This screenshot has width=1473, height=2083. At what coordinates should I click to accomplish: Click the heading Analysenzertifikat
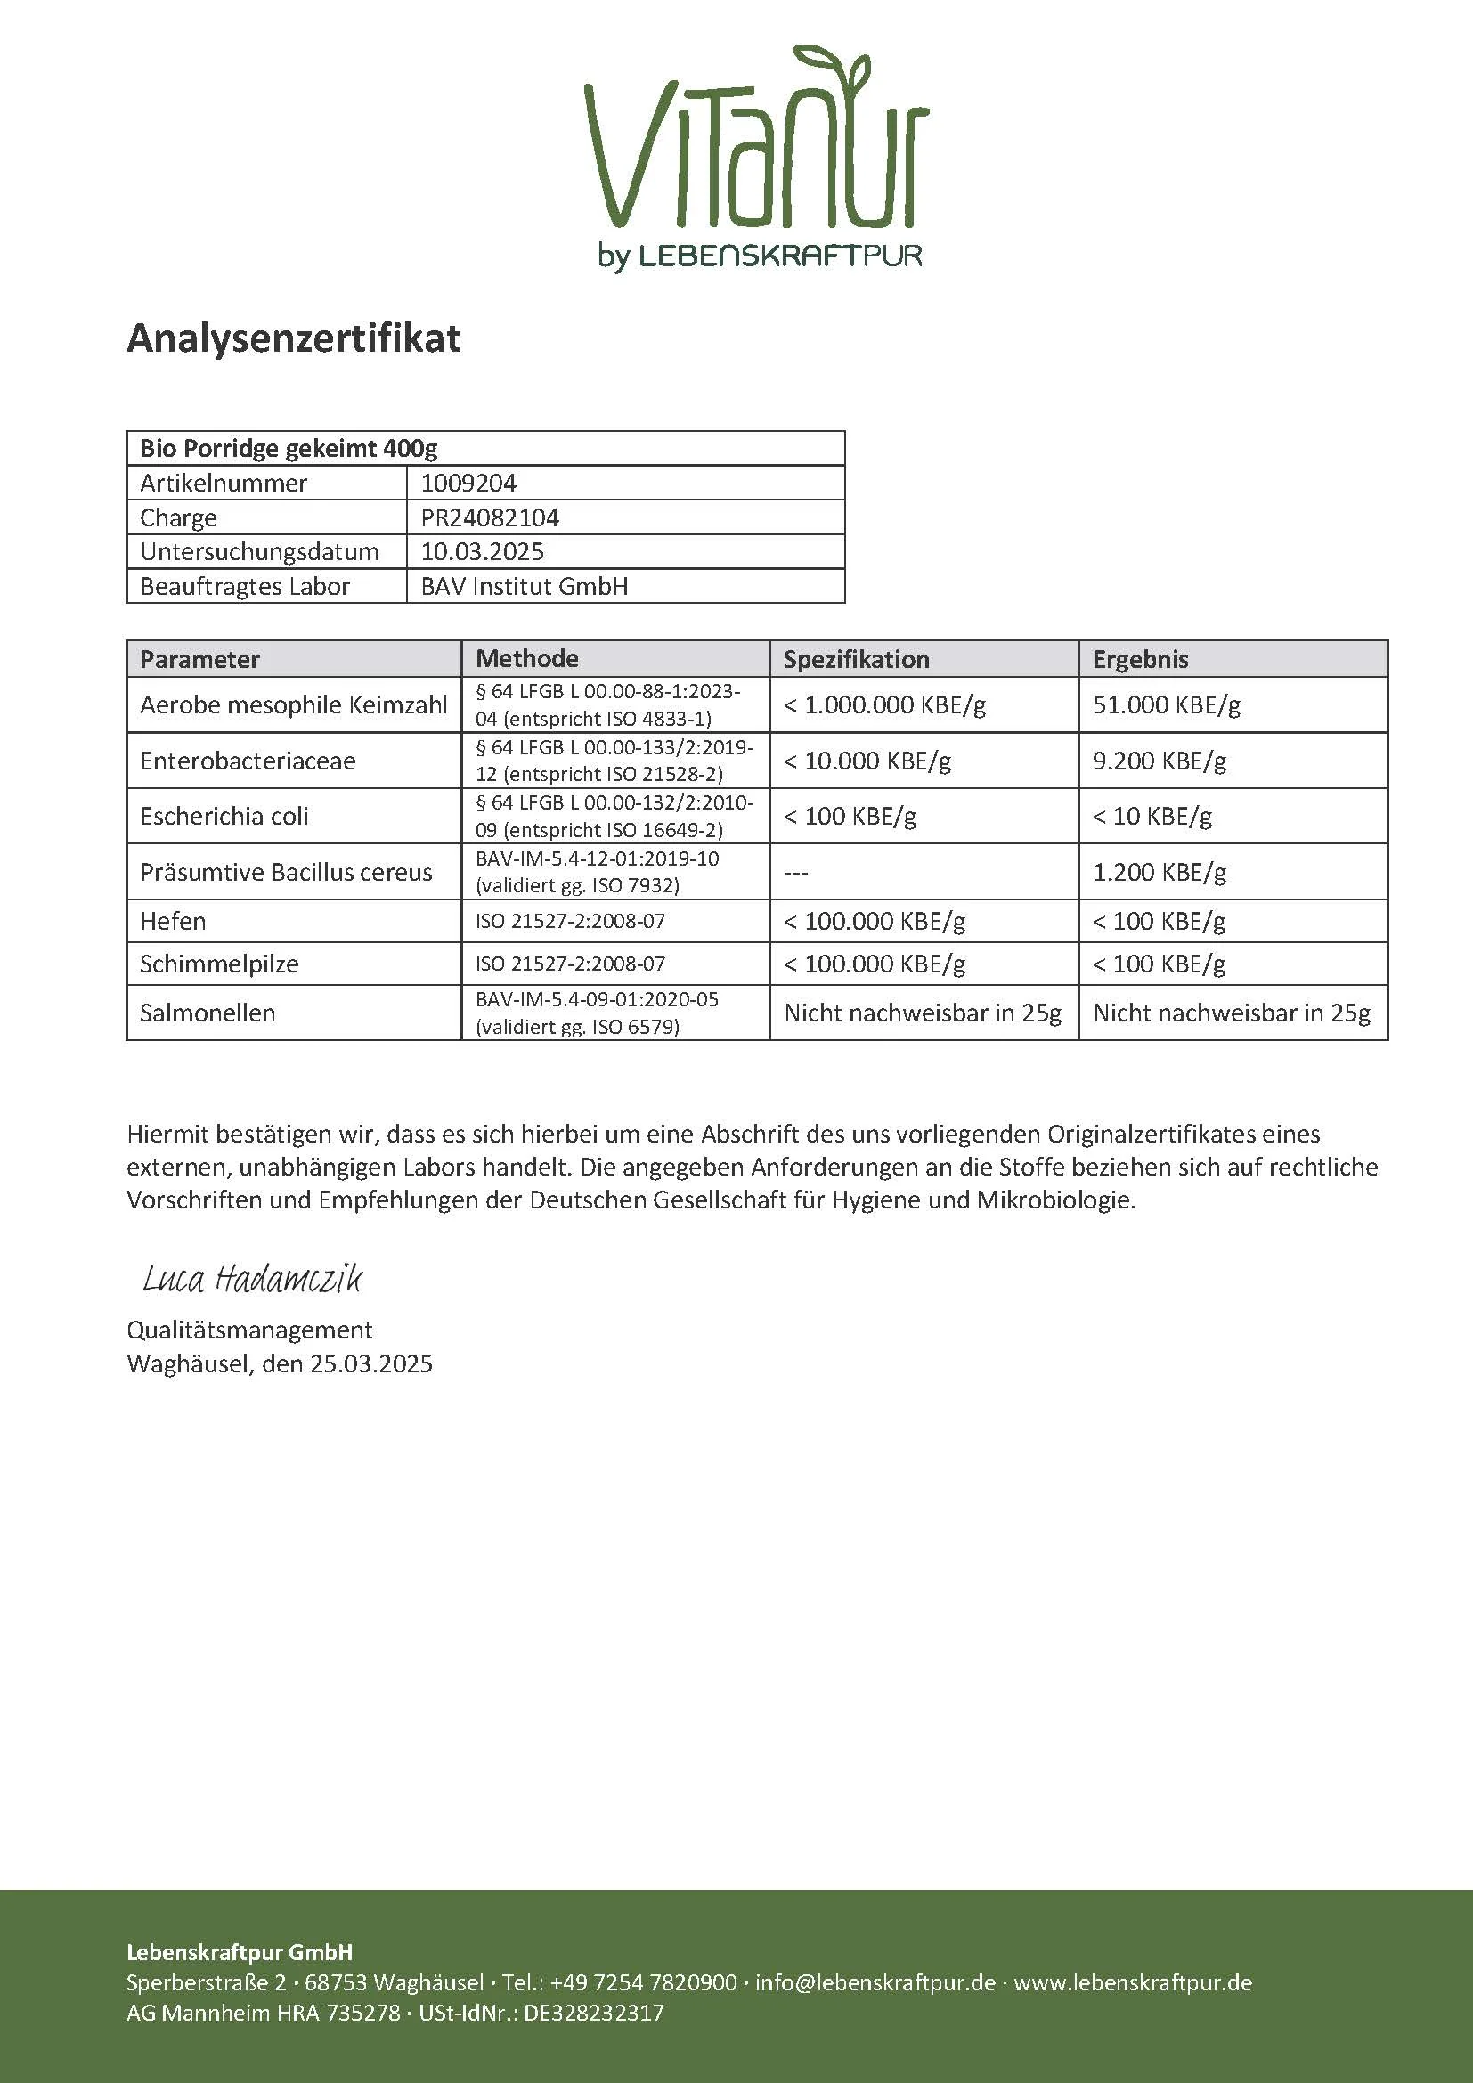point(293,338)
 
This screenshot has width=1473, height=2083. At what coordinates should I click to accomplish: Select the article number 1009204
point(468,483)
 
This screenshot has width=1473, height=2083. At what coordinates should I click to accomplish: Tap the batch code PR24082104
point(490,517)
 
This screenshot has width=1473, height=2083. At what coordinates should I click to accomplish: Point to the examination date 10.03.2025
point(482,551)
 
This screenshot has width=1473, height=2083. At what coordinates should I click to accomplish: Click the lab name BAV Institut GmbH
point(525,586)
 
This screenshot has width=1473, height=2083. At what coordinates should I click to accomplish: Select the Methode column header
point(527,659)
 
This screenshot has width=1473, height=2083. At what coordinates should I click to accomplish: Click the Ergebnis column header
point(1140,659)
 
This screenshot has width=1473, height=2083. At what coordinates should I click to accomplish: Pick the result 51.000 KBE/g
point(1167,705)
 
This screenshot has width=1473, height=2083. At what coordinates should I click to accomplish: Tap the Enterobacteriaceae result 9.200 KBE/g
point(1160,761)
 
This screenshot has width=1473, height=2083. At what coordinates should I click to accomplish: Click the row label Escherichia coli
point(224,816)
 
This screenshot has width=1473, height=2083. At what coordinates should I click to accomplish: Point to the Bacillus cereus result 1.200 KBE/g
point(1160,872)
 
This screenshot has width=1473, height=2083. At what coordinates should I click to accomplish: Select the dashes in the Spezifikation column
point(795,872)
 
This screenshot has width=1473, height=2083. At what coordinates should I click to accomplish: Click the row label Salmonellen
point(208,1013)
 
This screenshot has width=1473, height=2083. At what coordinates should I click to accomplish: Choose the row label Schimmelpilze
point(218,964)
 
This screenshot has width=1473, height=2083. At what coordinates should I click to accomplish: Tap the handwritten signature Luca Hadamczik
point(252,1279)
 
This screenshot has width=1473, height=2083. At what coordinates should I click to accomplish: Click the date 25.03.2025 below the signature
point(371,1363)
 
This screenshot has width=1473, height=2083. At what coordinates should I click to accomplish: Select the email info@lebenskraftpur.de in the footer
point(875,1982)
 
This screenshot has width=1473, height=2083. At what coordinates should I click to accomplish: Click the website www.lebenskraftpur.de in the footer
point(1133,1982)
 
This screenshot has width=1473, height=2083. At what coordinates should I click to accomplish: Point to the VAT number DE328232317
point(594,2013)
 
